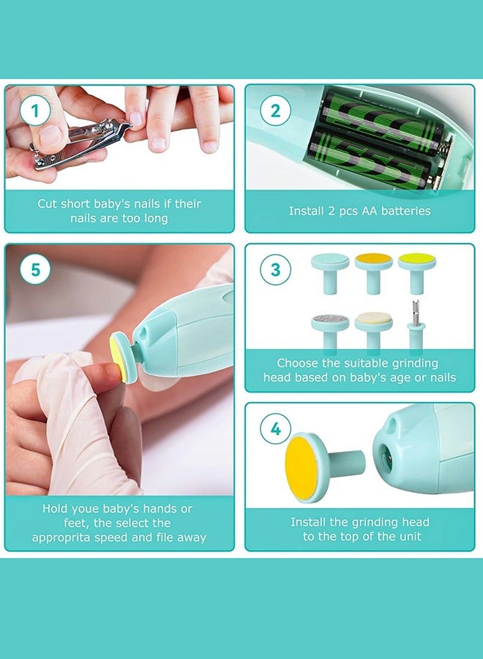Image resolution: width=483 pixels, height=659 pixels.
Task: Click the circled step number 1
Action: (35, 111)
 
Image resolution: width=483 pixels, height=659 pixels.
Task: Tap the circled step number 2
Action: (275, 111)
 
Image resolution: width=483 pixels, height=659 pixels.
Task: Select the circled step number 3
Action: (275, 269)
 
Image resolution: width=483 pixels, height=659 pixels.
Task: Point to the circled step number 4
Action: (275, 428)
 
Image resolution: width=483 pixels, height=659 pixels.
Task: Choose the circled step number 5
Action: (35, 269)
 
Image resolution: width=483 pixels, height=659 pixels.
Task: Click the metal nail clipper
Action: (80, 145)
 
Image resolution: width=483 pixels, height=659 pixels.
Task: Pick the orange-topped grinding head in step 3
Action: (373, 272)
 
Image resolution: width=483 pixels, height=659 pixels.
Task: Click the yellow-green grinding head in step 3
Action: (417, 272)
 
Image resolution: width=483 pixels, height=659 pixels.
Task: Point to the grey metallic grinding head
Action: (330, 331)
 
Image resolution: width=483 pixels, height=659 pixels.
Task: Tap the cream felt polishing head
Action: (373, 331)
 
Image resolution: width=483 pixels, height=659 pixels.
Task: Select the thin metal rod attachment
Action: (415, 324)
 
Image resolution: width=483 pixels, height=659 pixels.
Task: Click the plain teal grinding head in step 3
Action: (330, 272)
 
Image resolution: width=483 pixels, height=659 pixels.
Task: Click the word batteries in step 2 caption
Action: (405, 211)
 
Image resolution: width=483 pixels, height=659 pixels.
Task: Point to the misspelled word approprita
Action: (61, 538)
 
